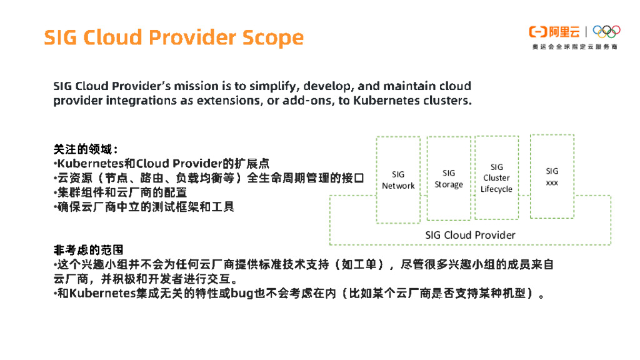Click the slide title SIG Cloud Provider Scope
(x=173, y=37)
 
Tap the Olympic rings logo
(x=606, y=31)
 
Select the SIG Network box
(x=398, y=180)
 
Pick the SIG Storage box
(x=449, y=179)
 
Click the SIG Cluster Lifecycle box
(x=496, y=178)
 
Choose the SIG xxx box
(x=552, y=177)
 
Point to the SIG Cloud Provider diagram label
(x=470, y=235)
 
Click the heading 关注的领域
(x=85, y=150)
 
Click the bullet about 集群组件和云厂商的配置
(x=120, y=192)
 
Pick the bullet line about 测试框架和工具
(x=144, y=206)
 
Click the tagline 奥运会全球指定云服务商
(x=574, y=47)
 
